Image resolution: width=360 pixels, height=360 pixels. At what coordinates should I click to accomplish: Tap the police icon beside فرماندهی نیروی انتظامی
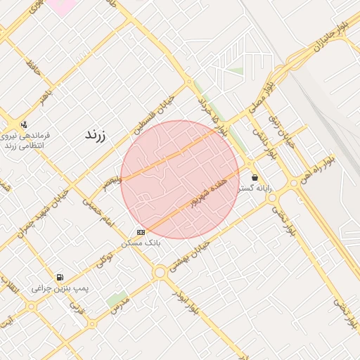(x=24, y=124)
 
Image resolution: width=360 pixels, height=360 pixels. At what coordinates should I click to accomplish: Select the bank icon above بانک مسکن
(x=141, y=231)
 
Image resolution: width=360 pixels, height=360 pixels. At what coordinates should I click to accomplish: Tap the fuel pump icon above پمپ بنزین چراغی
(x=60, y=277)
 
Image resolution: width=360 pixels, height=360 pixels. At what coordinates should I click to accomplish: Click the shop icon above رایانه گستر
(x=254, y=177)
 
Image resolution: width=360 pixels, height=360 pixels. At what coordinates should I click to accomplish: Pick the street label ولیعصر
(x=111, y=183)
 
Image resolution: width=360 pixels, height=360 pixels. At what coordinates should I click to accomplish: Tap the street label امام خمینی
(x=98, y=211)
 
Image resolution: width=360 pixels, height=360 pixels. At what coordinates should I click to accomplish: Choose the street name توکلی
(x=105, y=258)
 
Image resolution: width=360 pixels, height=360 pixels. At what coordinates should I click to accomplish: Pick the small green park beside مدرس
(x=117, y=300)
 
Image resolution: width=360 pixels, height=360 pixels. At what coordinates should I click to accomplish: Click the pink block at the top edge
(x=62, y=6)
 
